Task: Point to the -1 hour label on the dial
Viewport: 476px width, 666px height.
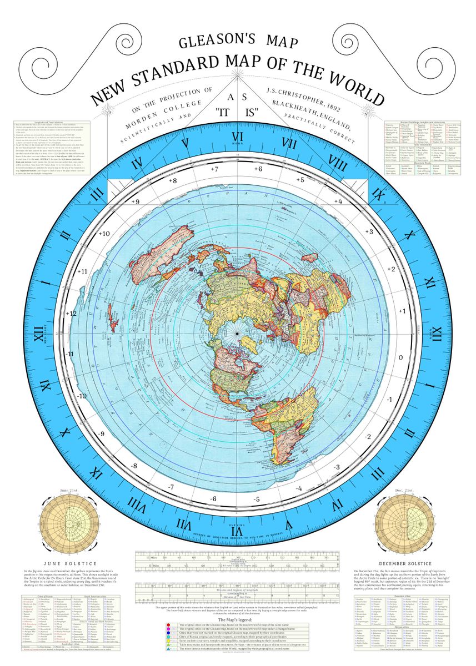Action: click(390, 400)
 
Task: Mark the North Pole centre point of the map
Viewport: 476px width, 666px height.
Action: click(238, 334)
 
